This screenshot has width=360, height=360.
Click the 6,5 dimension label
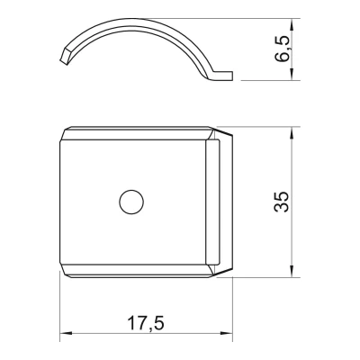tap(283, 49)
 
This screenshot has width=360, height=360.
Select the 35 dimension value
tap(283, 202)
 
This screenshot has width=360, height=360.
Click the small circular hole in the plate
tap(131, 202)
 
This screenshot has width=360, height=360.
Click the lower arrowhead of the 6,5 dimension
tap(292, 74)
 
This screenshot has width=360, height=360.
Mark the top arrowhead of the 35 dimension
tap(292, 132)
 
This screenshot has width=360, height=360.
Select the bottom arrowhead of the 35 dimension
tap(292, 271)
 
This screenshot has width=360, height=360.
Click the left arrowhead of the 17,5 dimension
tap(66, 333)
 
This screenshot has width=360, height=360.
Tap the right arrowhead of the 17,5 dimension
tap(227, 333)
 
